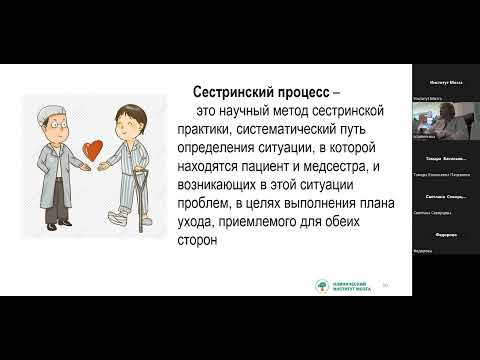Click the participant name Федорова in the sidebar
pyautogui.click(x=446, y=236)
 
